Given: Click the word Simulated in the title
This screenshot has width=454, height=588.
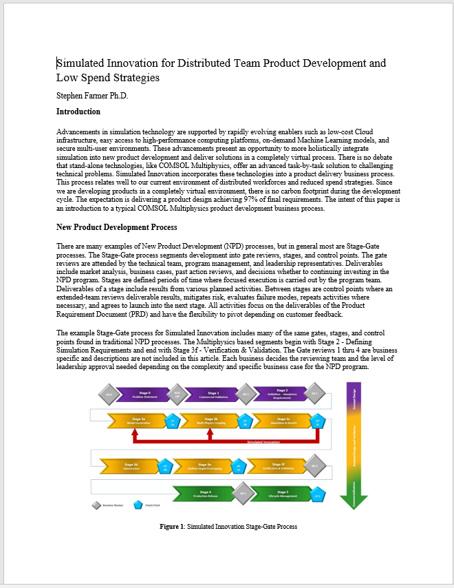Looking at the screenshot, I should (80, 63).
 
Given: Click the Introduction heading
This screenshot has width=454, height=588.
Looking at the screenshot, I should (78, 112).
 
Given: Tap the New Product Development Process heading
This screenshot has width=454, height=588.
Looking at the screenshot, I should (116, 227).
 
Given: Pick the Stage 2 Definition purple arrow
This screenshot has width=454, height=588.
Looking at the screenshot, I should (281, 395).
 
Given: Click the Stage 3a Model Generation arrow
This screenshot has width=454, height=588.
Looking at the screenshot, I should (137, 421).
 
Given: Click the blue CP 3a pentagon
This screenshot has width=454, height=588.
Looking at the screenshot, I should (173, 421).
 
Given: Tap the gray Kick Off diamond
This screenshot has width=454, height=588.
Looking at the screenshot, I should (177, 395).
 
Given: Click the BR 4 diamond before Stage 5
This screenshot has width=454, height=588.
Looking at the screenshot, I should (242, 494).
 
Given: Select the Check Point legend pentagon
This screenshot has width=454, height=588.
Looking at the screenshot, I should (138, 505).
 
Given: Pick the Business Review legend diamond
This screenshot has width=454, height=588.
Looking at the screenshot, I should (96, 505).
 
